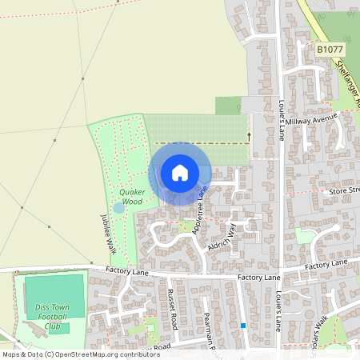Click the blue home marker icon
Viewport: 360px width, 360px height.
(180, 173)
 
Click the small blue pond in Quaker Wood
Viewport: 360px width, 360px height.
(119, 208)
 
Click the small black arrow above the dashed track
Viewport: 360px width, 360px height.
(248, 136)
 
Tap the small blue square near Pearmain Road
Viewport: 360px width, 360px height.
(242, 325)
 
